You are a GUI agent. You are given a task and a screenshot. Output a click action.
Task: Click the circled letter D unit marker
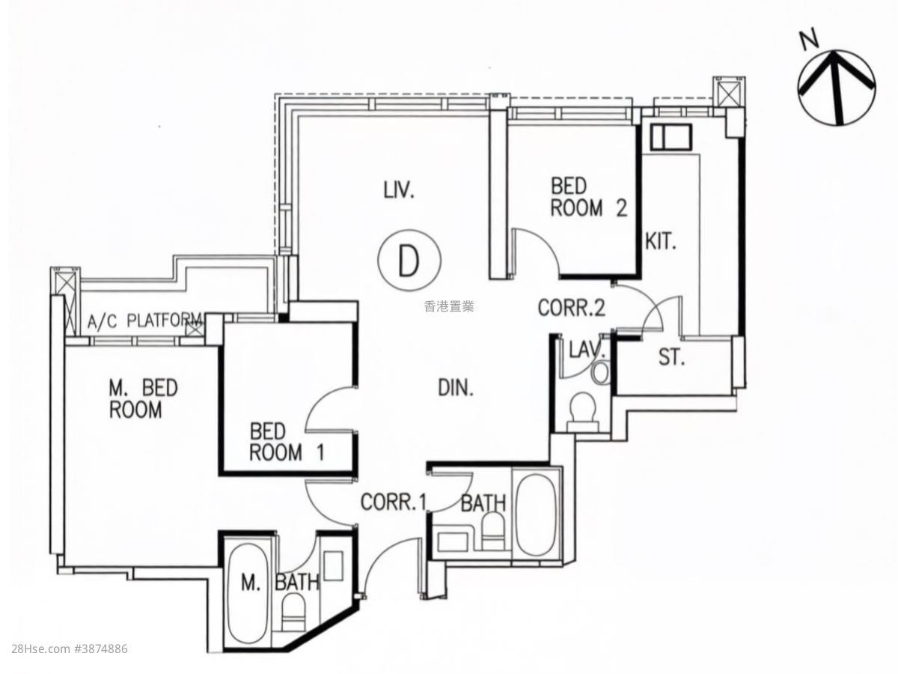point(409,261)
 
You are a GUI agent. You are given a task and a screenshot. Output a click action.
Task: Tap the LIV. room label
point(399,191)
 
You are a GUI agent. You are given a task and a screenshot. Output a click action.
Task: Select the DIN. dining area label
point(456,387)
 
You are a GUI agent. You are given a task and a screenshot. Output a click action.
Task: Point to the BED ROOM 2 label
point(589,197)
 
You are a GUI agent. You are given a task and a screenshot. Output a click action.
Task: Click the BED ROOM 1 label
point(287,442)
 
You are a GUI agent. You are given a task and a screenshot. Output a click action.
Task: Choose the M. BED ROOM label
point(143,398)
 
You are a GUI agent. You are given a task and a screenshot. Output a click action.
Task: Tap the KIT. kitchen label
point(661,241)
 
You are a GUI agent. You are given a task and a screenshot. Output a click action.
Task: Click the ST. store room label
point(671,357)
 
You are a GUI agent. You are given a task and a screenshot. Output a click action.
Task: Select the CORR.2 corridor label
point(571,308)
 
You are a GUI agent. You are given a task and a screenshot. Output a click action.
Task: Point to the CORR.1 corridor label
point(394,502)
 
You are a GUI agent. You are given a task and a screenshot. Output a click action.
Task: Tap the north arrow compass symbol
point(837,88)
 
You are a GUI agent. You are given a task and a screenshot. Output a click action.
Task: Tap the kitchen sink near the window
point(671,138)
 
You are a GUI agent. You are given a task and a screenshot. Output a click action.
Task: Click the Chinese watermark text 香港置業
point(449,306)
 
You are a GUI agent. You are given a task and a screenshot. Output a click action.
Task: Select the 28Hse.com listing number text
point(70,660)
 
